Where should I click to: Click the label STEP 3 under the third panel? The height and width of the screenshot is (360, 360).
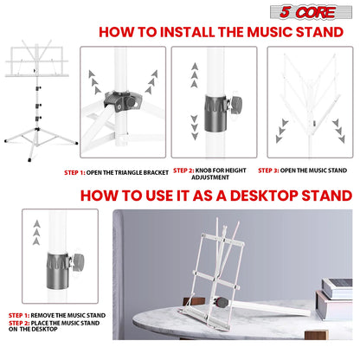pos(269,170)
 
